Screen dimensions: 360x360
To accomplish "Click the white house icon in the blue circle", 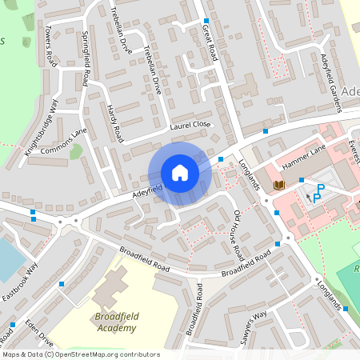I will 180,173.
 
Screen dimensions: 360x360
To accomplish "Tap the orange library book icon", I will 278,185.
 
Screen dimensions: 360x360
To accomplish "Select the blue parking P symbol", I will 318,193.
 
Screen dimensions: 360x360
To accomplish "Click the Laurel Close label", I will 190,125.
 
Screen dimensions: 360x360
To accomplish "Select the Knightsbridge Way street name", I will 42,128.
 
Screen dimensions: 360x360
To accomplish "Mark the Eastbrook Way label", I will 19,282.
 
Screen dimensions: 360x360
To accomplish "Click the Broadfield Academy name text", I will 115,322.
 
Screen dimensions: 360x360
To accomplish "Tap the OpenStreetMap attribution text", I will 80,354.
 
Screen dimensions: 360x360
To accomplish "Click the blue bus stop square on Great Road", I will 206,21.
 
